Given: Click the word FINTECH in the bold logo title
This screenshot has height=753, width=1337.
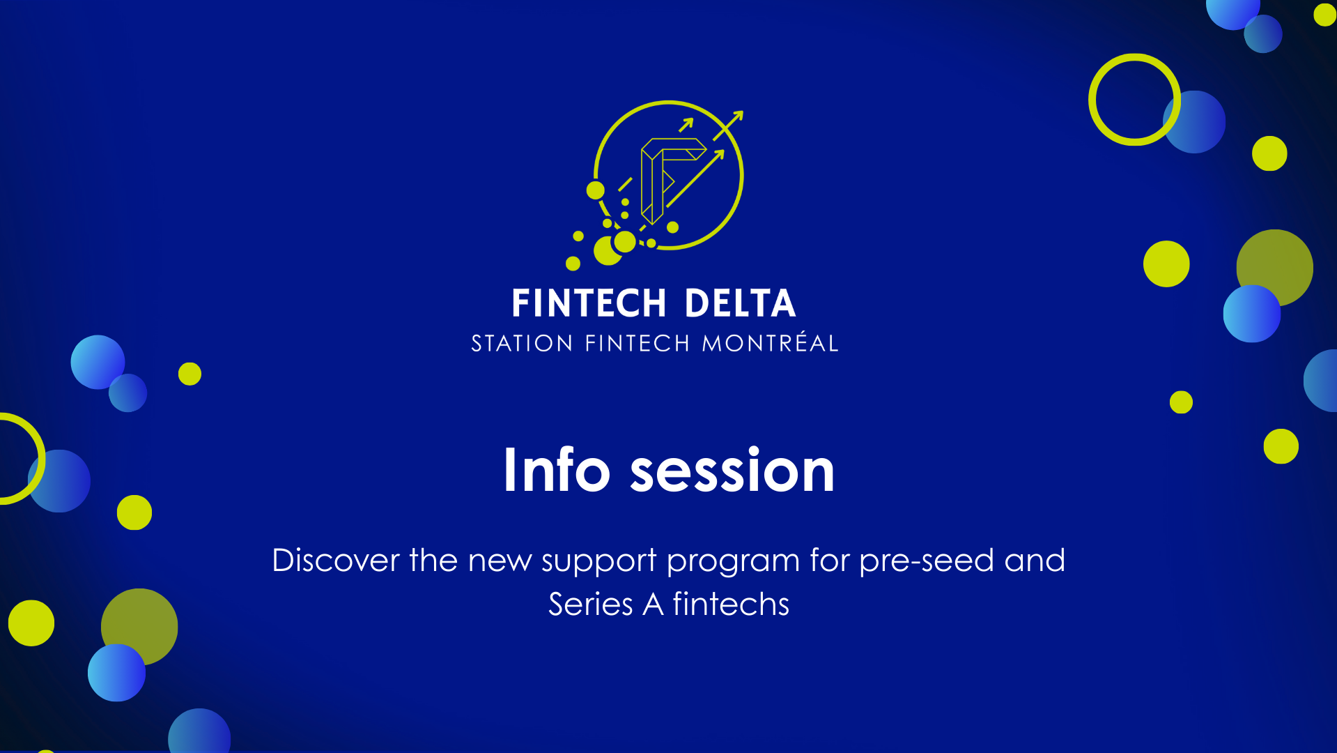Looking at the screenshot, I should [589, 303].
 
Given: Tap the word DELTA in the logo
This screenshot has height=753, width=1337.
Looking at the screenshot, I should [739, 303].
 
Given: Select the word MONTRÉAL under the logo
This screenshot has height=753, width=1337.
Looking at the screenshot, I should [770, 343].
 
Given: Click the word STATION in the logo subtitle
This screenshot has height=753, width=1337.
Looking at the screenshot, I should [522, 343].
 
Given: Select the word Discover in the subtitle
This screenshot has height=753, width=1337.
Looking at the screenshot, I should [335, 560].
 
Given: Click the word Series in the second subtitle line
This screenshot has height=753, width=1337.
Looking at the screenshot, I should [590, 604].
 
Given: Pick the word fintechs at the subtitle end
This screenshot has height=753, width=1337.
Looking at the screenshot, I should [731, 604].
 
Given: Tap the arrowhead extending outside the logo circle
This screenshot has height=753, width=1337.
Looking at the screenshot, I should [738, 116].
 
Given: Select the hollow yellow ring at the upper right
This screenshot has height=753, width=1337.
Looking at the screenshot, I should [1094, 100].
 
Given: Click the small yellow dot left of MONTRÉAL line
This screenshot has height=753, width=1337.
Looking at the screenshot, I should [190, 374].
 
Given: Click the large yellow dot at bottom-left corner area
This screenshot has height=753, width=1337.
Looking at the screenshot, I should [31, 623].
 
